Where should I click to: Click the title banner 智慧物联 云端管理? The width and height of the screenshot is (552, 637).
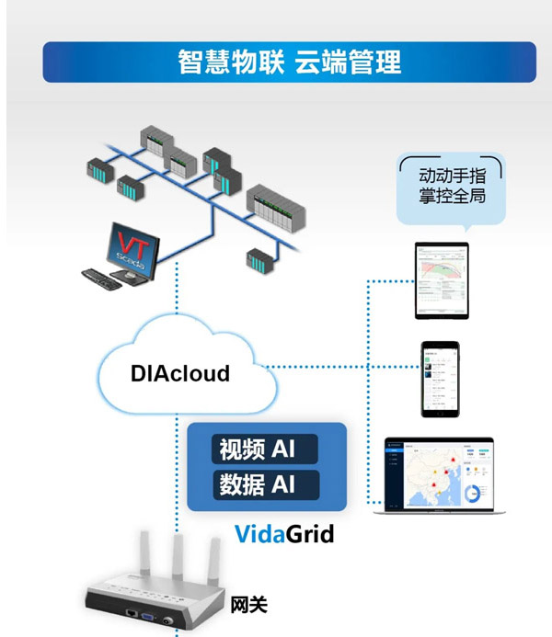point(288,63)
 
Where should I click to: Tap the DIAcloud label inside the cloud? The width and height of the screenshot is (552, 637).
point(180,374)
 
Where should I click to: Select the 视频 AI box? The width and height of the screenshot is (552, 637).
point(267,450)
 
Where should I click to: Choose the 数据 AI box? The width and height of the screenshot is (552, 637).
point(267,484)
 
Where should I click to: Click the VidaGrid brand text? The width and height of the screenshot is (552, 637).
point(284,534)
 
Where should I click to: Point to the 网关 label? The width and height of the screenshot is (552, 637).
point(248,605)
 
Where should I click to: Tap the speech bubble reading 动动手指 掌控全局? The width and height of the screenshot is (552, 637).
point(452,186)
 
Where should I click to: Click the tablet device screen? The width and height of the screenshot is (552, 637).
point(442,281)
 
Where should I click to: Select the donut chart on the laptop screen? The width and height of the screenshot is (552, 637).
point(477,494)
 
